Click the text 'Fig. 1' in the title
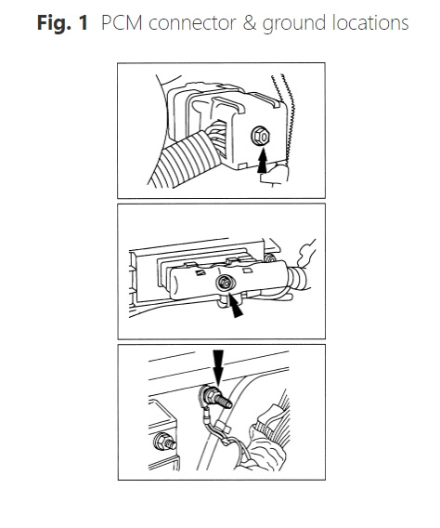coord(62,23)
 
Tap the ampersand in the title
coord(250,23)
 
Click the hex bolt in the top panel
coord(261,137)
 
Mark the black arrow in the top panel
coord(263,161)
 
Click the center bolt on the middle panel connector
coord(225,283)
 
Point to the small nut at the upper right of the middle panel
coord(269,258)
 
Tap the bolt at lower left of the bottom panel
coord(164,442)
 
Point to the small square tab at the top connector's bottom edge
coord(242,166)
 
